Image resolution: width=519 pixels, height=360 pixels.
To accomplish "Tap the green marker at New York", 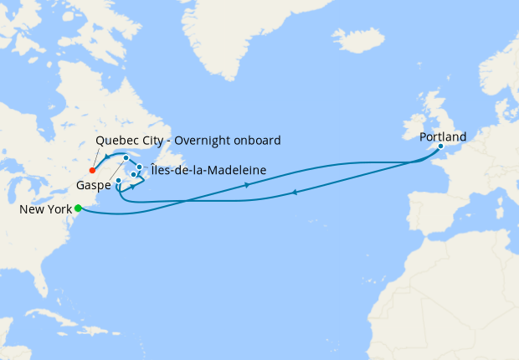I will coord(78,208).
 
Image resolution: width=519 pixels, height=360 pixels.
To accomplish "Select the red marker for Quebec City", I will coord(92,170).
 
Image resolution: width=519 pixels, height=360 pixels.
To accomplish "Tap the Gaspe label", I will coord(93,183).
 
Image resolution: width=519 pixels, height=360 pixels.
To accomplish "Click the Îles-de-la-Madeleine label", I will coord(209,171).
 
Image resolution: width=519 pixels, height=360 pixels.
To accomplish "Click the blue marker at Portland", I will coord(440,147).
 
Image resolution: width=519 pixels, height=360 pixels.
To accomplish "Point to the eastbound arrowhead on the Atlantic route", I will coord(247,185).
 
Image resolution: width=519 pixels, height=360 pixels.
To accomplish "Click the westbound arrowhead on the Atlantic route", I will coord(294,193).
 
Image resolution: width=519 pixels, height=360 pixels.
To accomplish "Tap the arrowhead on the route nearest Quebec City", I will coord(108,158).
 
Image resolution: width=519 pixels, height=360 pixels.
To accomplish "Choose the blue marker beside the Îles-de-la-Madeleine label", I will coord(139,167).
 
